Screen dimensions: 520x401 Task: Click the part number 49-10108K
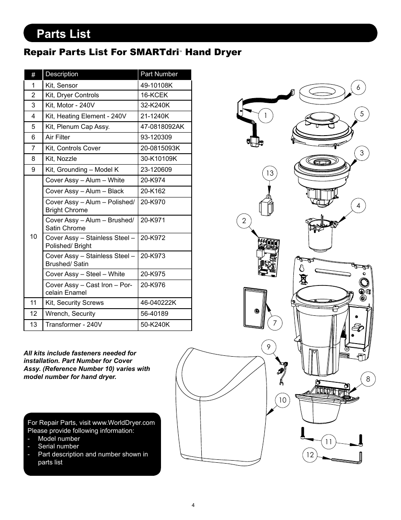(156, 85)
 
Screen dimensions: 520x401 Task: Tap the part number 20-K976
(153, 285)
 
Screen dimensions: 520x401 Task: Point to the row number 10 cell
(34, 237)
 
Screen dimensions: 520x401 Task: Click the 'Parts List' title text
(63, 34)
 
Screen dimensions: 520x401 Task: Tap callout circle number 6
(358, 88)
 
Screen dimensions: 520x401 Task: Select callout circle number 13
(269, 173)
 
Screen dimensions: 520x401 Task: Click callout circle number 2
(244, 221)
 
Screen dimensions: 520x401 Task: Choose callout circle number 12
(310, 455)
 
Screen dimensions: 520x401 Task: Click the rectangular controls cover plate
(255, 307)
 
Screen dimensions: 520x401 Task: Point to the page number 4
(193, 505)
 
